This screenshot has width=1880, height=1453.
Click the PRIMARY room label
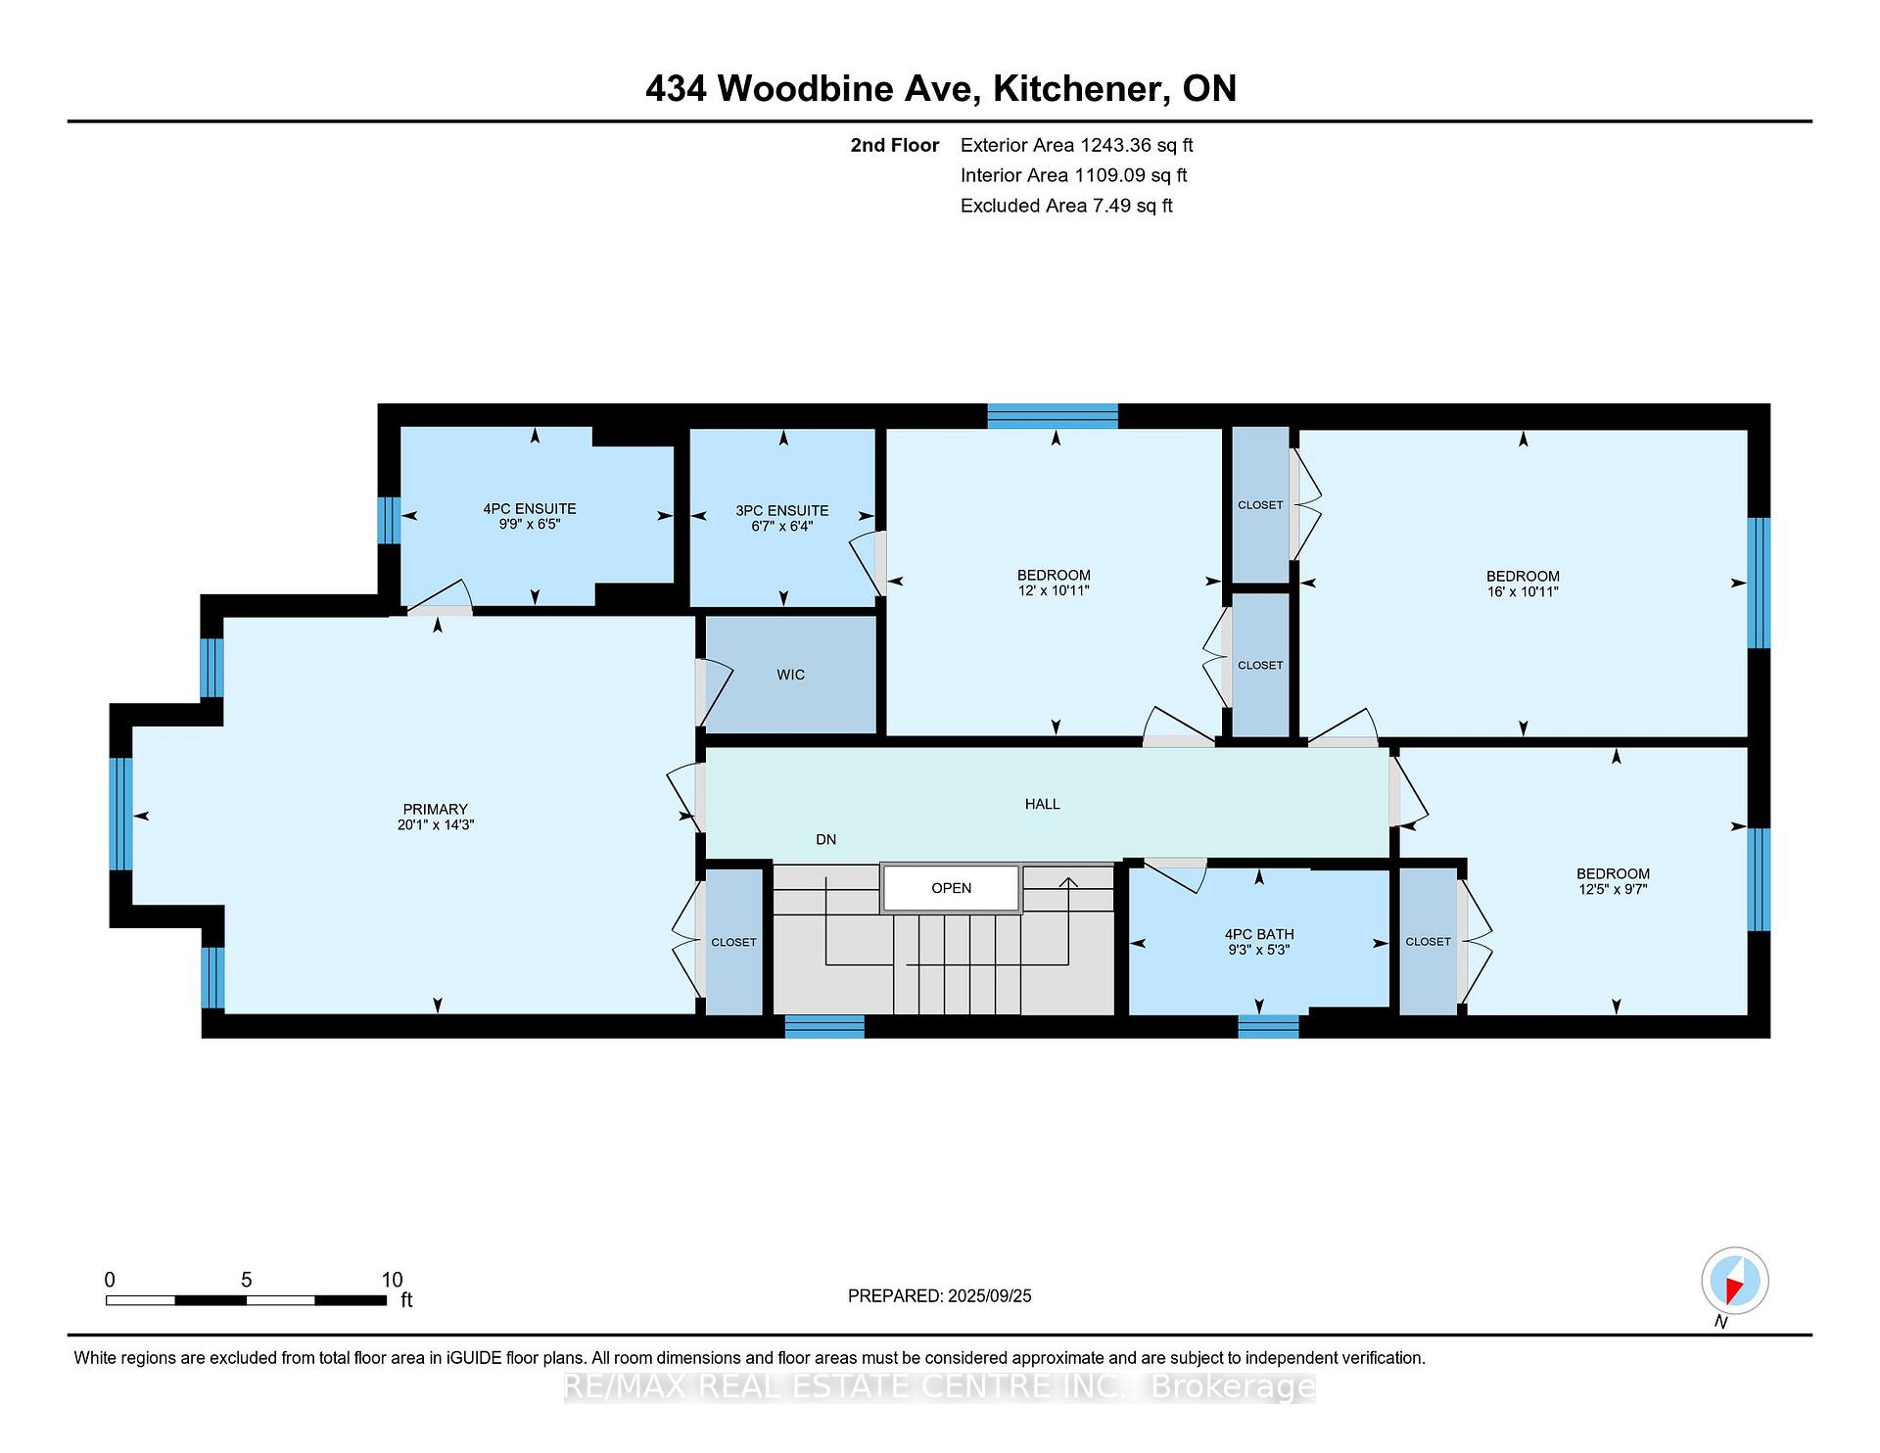point(435,809)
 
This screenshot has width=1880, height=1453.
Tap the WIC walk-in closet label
point(790,675)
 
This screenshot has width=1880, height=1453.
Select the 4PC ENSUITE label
point(530,509)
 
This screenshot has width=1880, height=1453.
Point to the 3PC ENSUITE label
point(782,511)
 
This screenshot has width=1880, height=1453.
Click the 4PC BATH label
point(1259,934)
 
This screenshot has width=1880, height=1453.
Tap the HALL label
point(1043,804)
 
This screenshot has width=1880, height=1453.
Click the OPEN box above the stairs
point(951,888)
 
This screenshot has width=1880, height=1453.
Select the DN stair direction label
point(826,839)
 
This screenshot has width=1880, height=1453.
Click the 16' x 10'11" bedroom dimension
point(1523,591)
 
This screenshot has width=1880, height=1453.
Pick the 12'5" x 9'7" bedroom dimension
point(1613,890)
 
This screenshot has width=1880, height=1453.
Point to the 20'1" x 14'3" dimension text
point(435,824)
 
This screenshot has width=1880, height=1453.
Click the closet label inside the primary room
point(733,942)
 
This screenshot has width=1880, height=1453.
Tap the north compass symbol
point(1734,1282)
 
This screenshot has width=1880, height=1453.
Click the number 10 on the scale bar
point(392,1280)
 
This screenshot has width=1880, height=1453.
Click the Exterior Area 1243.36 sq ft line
point(1076,145)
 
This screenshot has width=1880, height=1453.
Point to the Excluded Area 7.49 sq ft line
point(1066,206)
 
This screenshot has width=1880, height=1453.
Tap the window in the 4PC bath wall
point(1268,1026)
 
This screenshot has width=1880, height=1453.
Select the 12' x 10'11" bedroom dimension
point(1054,590)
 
